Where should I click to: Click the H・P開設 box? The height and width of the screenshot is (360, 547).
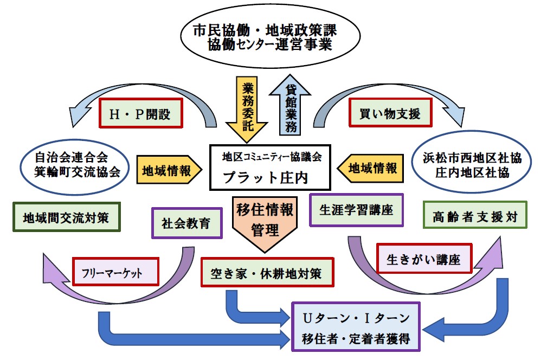140,114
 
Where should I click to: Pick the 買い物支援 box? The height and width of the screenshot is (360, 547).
390,114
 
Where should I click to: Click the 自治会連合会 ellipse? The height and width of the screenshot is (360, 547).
74,165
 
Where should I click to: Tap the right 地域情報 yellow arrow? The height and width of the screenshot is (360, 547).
370,169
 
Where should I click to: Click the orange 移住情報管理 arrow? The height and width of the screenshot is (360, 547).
265,222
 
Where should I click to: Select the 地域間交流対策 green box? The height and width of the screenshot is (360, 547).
66,218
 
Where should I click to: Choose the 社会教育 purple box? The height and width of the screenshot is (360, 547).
186,223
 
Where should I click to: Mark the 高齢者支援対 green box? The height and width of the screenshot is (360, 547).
475,218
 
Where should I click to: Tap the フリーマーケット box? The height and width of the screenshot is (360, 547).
115,272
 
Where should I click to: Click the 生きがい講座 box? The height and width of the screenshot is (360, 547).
424,259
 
